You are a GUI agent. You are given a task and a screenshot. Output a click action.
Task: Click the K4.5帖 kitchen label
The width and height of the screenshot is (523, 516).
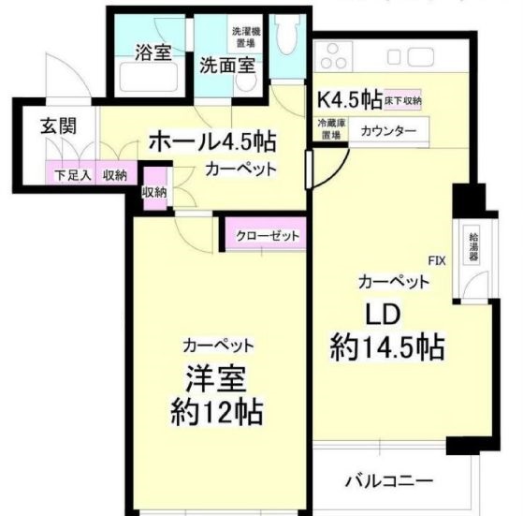[349, 97]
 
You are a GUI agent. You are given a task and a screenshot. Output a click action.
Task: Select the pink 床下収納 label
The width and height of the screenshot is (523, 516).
[403, 99]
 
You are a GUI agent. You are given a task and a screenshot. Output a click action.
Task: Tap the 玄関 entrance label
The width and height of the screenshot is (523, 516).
[57, 127]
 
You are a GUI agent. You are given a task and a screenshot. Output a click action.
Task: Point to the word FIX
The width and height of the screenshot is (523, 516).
[436, 259]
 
